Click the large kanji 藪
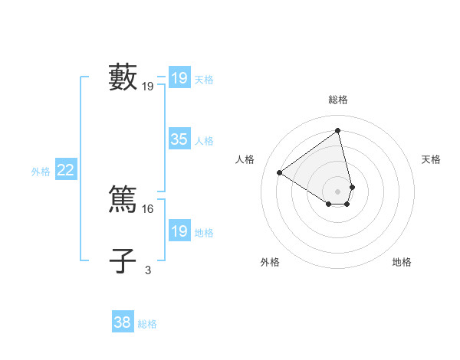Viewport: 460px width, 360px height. [123, 77]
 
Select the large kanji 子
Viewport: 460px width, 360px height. [123, 261]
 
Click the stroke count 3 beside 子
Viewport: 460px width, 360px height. [148, 270]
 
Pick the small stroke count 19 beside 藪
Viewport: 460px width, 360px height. [148, 87]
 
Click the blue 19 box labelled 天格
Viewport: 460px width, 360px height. [179, 78]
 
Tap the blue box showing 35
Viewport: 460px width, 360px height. [179, 139]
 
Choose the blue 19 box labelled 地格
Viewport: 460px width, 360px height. [179, 231]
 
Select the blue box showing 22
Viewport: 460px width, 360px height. [65, 170]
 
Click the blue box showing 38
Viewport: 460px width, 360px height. [123, 322]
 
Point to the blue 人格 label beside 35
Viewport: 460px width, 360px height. [204, 141]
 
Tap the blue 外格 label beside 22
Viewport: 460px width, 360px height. [41, 172]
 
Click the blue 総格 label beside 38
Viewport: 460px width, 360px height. [147, 324]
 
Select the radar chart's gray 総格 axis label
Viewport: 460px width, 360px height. [338, 100]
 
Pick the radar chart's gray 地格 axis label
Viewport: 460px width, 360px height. [402, 263]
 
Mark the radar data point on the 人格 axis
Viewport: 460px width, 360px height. [280, 172]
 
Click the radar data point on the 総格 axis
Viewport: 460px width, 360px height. [338, 130]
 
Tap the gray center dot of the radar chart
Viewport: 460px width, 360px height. [338, 191]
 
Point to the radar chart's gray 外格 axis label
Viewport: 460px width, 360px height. [270, 263]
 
